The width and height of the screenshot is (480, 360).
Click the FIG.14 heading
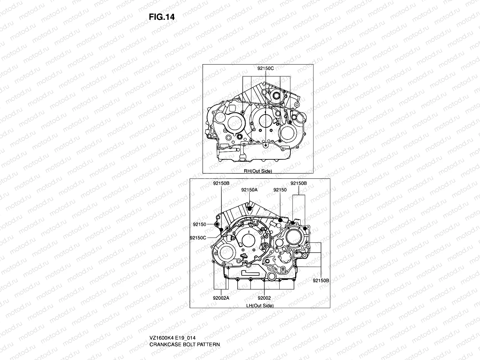(x=161, y=17)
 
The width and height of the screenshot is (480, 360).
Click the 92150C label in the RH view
(x=265, y=68)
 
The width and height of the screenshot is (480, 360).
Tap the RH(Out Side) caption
(x=258, y=171)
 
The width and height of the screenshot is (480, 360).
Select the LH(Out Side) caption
(x=260, y=306)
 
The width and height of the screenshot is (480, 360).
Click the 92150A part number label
(x=249, y=190)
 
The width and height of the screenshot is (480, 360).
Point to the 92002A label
(x=221, y=298)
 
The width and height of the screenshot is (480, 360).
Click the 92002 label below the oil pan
(x=264, y=298)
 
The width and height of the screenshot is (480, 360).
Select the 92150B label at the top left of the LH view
(x=221, y=183)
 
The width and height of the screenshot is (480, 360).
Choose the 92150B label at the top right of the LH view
(x=298, y=183)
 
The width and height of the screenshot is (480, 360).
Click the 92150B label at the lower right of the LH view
(x=321, y=280)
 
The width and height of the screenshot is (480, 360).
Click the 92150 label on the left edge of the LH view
(x=199, y=224)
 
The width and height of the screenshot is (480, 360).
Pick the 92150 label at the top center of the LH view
(x=280, y=190)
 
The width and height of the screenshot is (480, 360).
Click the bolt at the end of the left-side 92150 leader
(x=217, y=225)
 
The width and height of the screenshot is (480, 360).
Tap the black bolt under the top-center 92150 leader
(x=280, y=220)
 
